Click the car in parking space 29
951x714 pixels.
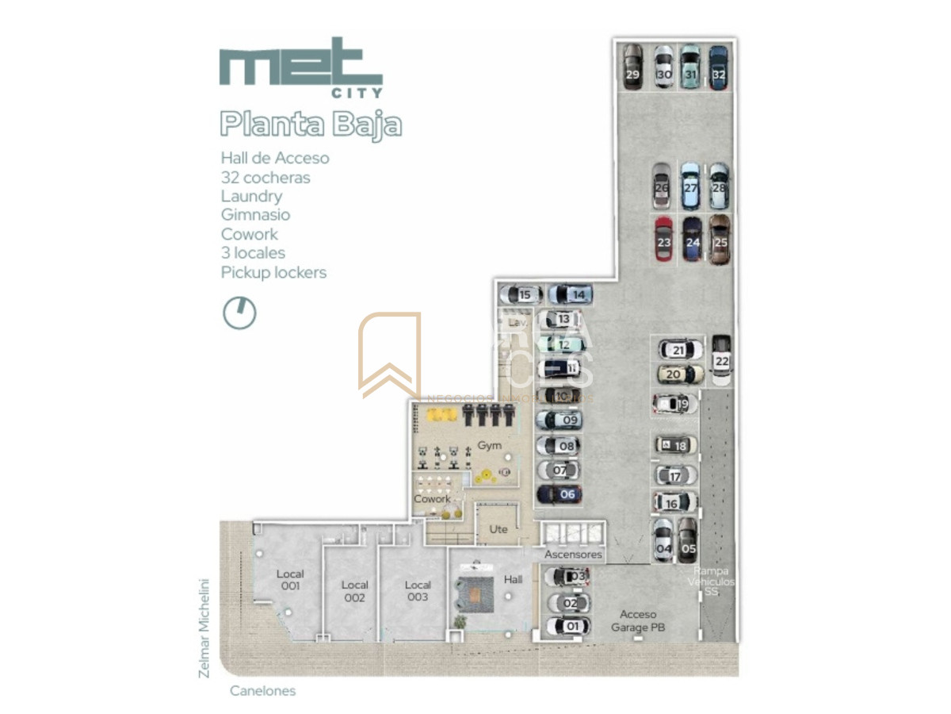(632, 67)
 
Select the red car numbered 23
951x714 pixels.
(663, 239)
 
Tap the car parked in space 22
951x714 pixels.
(721, 360)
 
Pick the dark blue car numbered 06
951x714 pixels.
(560, 494)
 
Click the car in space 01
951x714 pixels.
(567, 627)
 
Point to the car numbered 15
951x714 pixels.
(521, 295)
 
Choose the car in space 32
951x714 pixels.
(718, 67)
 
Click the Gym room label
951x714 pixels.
(489, 446)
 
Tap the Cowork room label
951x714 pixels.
(432, 499)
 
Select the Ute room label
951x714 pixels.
(498, 529)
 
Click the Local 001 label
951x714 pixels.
(290, 580)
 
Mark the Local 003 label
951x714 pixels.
(418, 591)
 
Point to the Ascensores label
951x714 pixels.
(573, 555)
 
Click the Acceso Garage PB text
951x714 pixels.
(638, 621)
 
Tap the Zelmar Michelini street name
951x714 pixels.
(204, 628)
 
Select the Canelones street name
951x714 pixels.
(262, 691)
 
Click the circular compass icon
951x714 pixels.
(239, 313)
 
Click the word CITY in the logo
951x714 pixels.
(356, 92)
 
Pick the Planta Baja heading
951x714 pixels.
(311, 125)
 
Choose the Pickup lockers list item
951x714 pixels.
(273, 272)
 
